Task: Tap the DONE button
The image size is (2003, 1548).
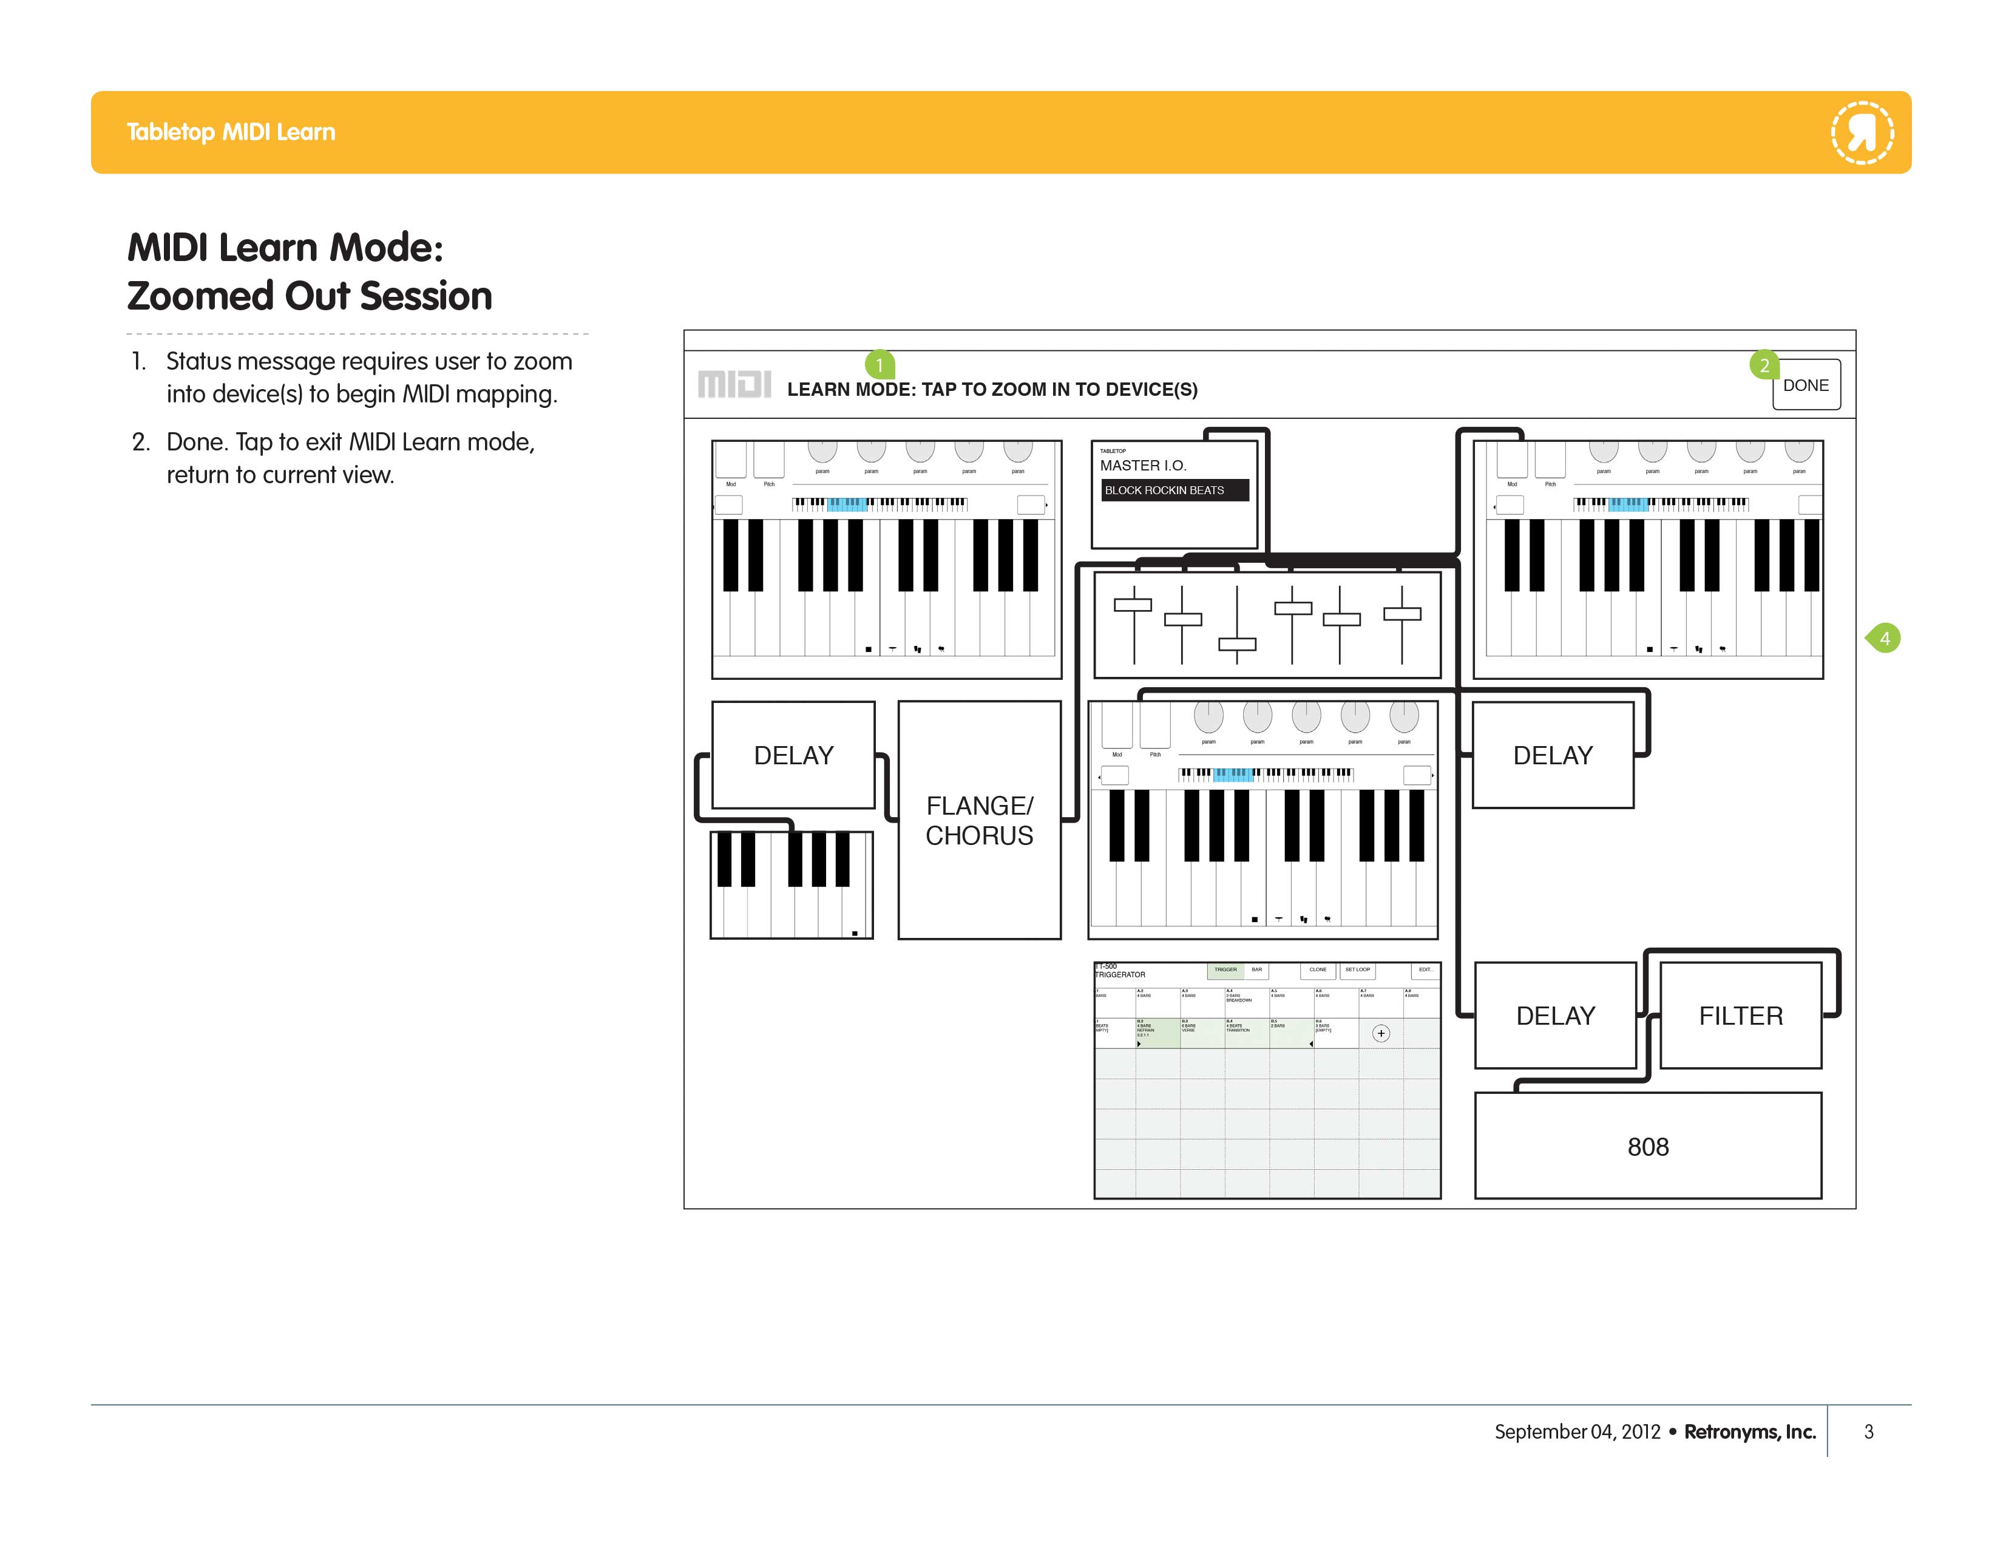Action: point(1805,385)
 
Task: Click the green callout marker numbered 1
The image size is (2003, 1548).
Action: point(879,365)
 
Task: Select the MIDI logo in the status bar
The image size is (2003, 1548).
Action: point(734,384)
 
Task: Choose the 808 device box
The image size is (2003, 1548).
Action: point(1647,1146)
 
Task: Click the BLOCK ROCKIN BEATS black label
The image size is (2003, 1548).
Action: point(1173,491)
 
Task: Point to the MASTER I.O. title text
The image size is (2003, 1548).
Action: point(1143,466)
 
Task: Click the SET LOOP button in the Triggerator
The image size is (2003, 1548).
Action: point(1357,969)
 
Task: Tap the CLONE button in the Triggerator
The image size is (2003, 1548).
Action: point(1317,969)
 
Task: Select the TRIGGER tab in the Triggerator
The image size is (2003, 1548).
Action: point(1225,969)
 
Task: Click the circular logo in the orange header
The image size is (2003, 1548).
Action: point(1862,133)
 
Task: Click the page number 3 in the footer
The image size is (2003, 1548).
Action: point(1868,1431)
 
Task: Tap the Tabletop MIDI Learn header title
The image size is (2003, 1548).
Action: point(231,132)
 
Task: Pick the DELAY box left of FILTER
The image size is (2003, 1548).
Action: point(1556,1015)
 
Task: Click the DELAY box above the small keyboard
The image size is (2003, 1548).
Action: point(793,755)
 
